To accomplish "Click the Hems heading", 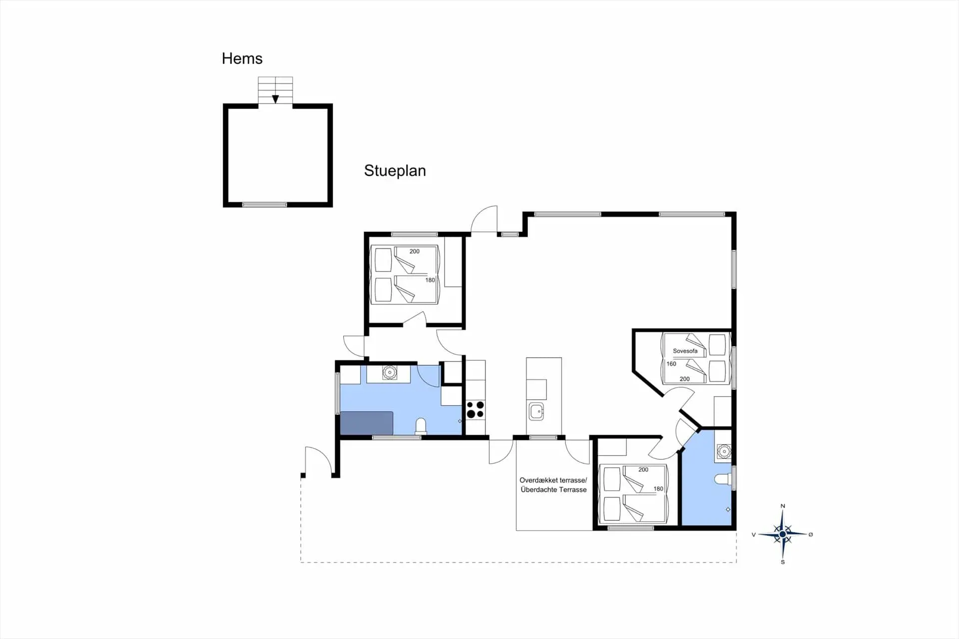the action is (242, 58).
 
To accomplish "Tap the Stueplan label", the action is (395, 171).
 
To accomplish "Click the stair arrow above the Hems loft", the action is (275, 99).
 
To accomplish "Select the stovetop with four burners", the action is (476, 409).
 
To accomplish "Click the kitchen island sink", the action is (536, 412).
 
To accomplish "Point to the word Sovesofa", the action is (685, 351).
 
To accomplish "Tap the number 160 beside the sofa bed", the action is (671, 364).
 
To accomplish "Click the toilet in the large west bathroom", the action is (421, 426).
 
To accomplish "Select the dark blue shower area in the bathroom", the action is (367, 423).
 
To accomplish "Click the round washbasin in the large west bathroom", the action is (389, 372).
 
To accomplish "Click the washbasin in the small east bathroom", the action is (723, 452).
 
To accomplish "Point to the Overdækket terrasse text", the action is (553, 480).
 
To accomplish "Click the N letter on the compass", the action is (783, 506).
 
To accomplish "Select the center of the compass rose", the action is (783, 534).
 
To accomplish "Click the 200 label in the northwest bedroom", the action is (415, 251).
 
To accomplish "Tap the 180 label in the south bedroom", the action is (658, 489).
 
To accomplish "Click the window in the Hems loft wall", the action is (265, 204).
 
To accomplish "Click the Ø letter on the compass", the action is (811, 534).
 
